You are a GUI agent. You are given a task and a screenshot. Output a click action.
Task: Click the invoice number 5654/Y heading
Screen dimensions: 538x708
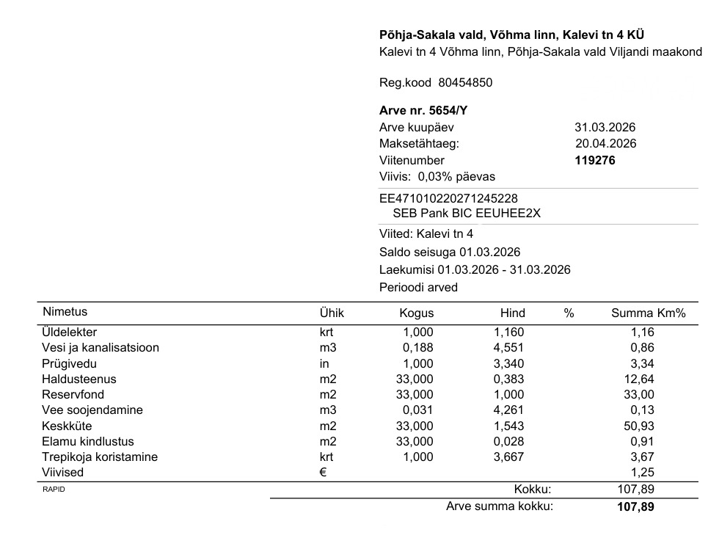coord(423,111)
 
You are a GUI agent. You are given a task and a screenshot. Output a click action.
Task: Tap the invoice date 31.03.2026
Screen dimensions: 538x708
coord(605,127)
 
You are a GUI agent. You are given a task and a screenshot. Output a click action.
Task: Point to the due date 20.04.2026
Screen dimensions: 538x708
coord(605,143)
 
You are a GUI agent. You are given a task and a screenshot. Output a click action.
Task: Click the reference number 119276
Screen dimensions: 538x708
coord(594,160)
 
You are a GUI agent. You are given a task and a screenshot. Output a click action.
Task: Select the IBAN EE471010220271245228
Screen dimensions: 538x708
coord(448,198)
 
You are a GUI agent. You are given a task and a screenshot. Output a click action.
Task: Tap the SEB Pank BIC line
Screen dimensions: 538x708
coord(466,214)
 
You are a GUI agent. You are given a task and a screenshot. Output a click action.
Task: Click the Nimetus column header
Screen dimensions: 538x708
coord(65,312)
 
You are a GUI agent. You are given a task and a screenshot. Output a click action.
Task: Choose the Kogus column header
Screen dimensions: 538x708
coord(416,313)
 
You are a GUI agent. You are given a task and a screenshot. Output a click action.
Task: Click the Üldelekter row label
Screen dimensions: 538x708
coord(70,332)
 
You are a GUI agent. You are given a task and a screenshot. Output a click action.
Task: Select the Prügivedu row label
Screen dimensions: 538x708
coord(70,363)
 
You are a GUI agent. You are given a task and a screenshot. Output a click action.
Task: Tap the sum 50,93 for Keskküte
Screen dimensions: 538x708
coord(639,426)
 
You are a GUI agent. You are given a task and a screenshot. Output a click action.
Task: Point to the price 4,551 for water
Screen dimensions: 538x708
coord(508,348)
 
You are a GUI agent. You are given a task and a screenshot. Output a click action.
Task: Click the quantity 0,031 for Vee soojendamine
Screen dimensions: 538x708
coord(418,410)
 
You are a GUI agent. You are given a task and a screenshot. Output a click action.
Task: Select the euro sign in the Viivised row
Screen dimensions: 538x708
coord(323,473)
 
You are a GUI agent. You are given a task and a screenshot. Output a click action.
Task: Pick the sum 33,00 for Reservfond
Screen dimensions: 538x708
coord(639,395)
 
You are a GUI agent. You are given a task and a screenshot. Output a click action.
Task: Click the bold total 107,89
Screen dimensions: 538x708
coord(635,506)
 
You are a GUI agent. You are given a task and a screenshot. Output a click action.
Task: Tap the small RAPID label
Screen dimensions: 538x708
coord(54,490)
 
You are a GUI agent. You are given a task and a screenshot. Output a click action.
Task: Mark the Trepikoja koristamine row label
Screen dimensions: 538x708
coord(100,457)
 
